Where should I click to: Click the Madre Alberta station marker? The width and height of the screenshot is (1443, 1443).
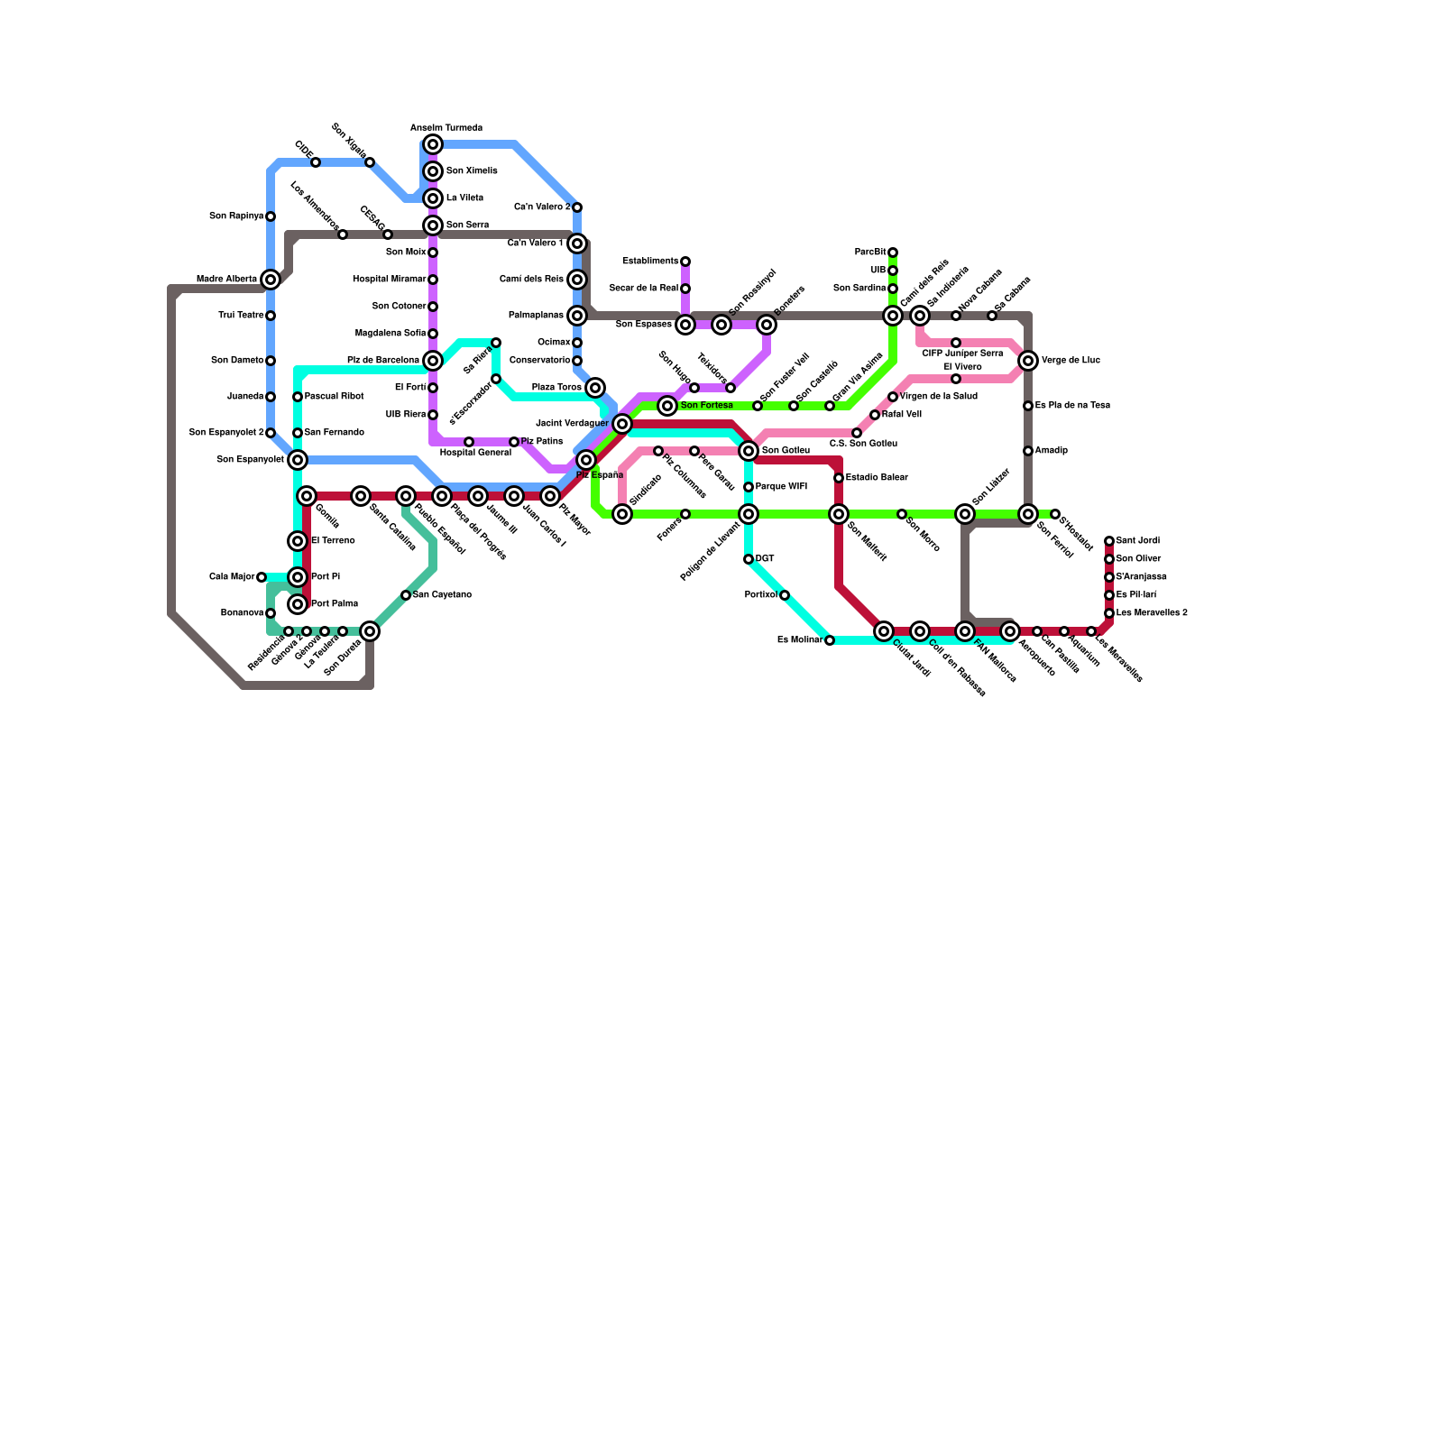pos(271,280)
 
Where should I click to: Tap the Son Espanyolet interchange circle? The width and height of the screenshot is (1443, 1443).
pos(298,460)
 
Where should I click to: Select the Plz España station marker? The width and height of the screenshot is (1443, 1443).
pos(586,460)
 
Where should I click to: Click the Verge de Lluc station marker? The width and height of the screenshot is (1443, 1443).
pos(1028,361)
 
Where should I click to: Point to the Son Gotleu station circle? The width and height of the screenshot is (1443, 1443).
pos(749,451)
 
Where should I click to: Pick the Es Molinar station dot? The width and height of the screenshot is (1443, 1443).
pos(830,640)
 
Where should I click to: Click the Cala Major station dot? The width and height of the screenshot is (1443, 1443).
pos(262,577)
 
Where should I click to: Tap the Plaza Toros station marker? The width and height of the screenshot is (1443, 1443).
pos(595,388)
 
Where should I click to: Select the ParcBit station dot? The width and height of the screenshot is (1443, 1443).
pos(893,253)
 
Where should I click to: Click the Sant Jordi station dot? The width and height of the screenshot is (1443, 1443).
pos(1109,541)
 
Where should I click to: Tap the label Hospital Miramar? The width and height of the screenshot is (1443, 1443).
pos(389,280)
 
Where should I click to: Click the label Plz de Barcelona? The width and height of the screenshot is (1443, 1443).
pos(382,361)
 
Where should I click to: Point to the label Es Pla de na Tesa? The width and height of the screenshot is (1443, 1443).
pos(1072,406)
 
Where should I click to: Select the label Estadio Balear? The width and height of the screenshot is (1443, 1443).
pos(877,478)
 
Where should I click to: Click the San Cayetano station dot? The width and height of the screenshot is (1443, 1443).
pos(406,595)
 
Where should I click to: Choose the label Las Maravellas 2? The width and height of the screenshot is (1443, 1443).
pos(1152,613)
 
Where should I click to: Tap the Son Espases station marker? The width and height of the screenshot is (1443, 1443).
pos(685,325)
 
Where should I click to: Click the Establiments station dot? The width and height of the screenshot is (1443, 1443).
pos(685,262)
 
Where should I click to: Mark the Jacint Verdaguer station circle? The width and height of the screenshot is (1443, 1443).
pos(622,424)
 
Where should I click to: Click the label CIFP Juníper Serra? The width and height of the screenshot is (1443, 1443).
pos(962,354)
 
